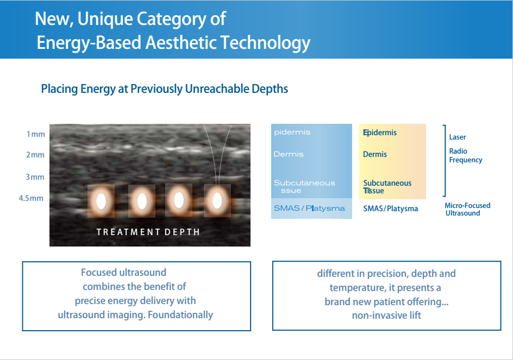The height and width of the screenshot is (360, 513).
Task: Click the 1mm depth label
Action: point(36,134)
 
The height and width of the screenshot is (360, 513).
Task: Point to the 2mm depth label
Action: point(35,155)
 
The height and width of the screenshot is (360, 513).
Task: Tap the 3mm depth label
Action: point(35,177)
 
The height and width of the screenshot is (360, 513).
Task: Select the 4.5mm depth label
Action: point(31,198)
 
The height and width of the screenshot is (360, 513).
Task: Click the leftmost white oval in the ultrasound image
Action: point(101,201)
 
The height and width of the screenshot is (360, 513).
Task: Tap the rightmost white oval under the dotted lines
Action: point(217,200)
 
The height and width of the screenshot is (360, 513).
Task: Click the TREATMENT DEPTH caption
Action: point(148,232)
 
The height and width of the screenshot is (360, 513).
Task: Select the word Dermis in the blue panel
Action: point(289,154)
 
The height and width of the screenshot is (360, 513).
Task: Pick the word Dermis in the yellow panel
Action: point(375,154)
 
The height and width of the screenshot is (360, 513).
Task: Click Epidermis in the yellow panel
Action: point(380,132)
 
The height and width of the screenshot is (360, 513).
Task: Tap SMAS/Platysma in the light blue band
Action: point(309,209)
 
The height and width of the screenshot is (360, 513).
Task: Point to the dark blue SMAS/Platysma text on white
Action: point(391,209)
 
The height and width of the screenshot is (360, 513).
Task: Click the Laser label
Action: point(458,137)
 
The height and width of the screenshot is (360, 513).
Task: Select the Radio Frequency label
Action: point(466,155)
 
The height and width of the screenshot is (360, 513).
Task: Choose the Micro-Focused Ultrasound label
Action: point(467,209)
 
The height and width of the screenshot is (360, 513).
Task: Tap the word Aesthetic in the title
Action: point(181,42)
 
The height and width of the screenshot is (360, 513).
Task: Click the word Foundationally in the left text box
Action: point(180,315)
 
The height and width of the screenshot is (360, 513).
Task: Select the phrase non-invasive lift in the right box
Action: point(386,315)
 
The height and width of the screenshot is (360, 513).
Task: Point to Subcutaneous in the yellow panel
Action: point(387,183)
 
